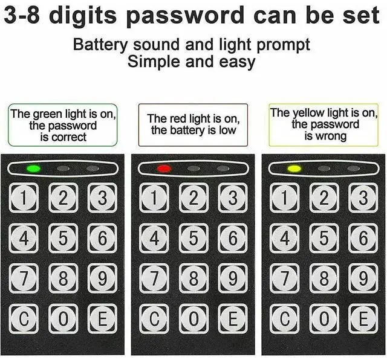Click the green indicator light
34,168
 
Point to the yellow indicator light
294,168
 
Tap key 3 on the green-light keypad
102,198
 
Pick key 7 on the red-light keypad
154,278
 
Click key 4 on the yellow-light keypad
284,239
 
